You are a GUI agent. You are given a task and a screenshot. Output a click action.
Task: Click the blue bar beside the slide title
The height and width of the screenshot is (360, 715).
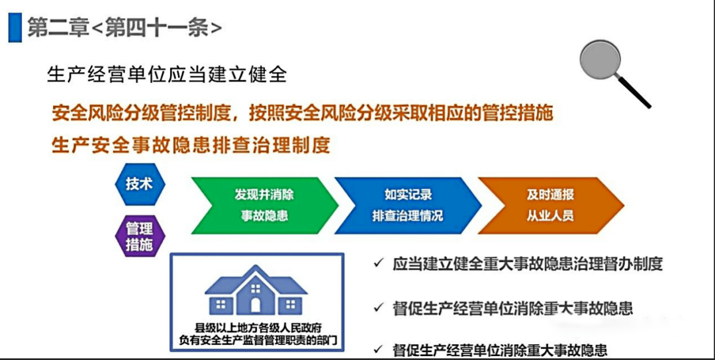click(15, 28)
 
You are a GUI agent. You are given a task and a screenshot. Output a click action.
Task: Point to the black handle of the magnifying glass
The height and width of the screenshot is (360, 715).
click(634, 92)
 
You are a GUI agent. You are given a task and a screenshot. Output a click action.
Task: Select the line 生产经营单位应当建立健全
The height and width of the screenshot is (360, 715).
click(167, 75)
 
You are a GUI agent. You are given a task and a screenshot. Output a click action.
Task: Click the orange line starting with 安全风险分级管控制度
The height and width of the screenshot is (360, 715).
click(303, 113)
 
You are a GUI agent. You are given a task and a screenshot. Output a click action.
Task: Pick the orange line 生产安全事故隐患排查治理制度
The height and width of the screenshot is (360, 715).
click(191, 145)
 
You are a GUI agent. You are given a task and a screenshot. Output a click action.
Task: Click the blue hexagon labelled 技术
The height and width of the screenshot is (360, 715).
click(140, 185)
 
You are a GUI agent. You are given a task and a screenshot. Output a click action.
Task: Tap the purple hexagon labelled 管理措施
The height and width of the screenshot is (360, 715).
click(140, 236)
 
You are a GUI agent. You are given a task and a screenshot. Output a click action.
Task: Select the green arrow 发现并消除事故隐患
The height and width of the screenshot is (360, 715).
click(264, 205)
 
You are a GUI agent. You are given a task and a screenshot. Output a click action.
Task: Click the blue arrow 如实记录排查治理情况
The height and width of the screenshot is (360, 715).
click(408, 205)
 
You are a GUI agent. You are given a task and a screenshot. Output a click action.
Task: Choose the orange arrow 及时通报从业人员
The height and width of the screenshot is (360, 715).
click(550, 205)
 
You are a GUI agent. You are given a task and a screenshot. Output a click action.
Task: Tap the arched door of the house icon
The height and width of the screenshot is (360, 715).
click(256, 305)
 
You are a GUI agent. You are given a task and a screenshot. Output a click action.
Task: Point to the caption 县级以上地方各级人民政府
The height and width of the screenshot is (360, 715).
click(256, 327)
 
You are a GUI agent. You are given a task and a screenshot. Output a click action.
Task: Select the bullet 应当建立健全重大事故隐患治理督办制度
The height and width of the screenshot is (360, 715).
click(527, 265)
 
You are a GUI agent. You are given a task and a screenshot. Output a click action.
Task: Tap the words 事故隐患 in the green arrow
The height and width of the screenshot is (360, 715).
click(264, 216)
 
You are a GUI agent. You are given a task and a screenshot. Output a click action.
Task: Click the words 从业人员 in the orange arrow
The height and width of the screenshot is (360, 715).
click(550, 216)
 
